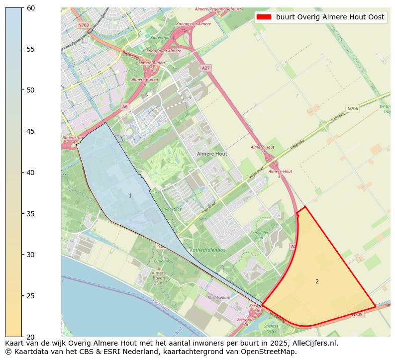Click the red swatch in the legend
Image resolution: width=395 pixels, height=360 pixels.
(x=264, y=17)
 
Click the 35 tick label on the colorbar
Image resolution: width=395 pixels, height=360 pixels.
(x=31, y=214)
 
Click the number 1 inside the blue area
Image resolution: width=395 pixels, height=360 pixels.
(x=130, y=196)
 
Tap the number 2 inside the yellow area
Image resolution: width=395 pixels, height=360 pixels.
(x=317, y=282)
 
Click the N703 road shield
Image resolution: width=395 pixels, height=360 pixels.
(x=83, y=25)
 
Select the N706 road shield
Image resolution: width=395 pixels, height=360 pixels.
(x=352, y=108)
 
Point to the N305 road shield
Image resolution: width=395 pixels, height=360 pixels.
(x=357, y=314)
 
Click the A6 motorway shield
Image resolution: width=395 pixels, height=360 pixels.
(x=125, y=106)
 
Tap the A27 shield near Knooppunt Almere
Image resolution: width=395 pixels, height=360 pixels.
(x=206, y=68)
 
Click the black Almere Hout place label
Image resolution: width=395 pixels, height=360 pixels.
(x=212, y=154)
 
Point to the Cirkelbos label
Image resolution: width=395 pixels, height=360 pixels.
(x=162, y=261)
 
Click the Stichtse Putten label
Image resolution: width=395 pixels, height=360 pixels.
(x=271, y=328)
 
